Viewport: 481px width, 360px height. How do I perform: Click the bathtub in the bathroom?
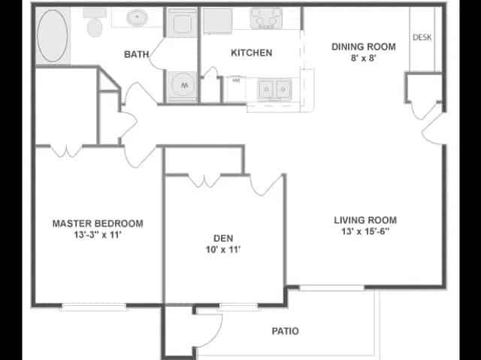51,35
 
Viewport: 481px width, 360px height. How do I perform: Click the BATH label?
136,54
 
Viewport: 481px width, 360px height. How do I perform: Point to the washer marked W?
181,86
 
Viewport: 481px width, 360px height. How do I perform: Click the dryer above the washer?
181,24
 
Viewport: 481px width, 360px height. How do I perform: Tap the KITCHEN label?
251,53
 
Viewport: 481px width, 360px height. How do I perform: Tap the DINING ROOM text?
364,47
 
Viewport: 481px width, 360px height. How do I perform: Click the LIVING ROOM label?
365,220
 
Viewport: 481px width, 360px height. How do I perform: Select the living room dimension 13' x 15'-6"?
365,232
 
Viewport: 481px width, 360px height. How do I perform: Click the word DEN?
223,237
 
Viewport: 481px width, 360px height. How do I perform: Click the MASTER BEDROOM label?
98,223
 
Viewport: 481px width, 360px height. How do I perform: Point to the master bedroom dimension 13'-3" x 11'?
98,235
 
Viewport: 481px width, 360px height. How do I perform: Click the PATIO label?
285,331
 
